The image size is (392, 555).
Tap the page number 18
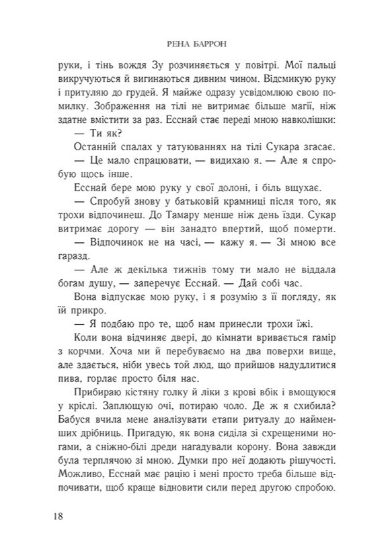tap(58, 516)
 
